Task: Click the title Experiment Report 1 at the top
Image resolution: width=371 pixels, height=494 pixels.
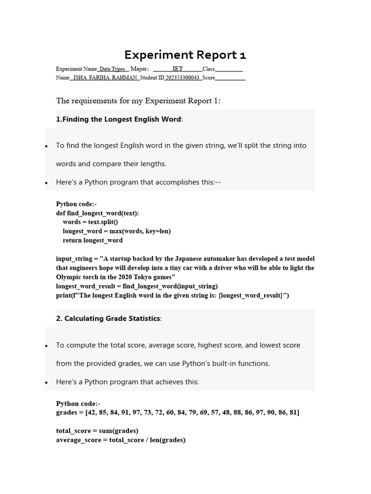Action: (x=185, y=55)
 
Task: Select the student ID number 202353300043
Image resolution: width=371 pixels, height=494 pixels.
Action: (x=183, y=78)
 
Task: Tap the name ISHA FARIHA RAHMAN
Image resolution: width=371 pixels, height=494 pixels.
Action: (x=105, y=78)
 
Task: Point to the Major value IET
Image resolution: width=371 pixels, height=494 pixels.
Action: (x=178, y=69)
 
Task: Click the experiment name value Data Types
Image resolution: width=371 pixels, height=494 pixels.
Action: (x=112, y=69)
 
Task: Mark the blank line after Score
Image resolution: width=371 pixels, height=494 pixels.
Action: (x=230, y=78)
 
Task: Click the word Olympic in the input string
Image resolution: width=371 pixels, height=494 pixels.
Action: (x=69, y=277)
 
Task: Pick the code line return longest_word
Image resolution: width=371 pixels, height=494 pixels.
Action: (x=93, y=240)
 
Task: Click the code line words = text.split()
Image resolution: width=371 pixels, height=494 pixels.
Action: (x=90, y=222)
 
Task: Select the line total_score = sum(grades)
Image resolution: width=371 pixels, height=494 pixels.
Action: (x=97, y=431)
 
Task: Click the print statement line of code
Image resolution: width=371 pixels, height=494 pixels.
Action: (x=172, y=295)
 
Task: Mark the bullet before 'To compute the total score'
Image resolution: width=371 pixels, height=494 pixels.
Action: (x=46, y=346)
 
